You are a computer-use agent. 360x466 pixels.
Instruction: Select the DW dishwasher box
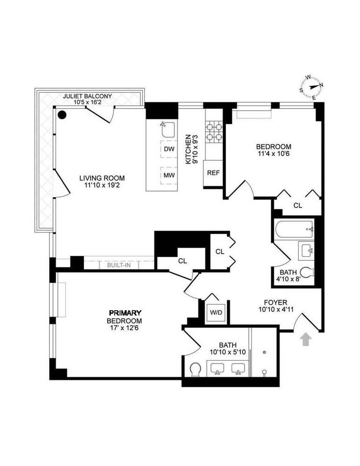pos(169,149)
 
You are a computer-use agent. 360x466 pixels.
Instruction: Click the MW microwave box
pos(169,175)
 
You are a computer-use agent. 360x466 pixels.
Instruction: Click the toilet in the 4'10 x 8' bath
pos(307,272)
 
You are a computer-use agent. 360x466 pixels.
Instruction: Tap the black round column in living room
pos(62,114)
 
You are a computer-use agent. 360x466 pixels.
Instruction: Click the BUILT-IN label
pos(119,265)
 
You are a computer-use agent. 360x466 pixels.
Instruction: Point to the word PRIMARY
pos(125,313)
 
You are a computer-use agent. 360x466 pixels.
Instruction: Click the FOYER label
pos(274,302)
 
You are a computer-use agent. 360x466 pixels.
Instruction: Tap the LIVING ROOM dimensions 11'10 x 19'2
pos(102,185)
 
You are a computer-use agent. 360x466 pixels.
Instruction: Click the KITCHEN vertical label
pos(188,150)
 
